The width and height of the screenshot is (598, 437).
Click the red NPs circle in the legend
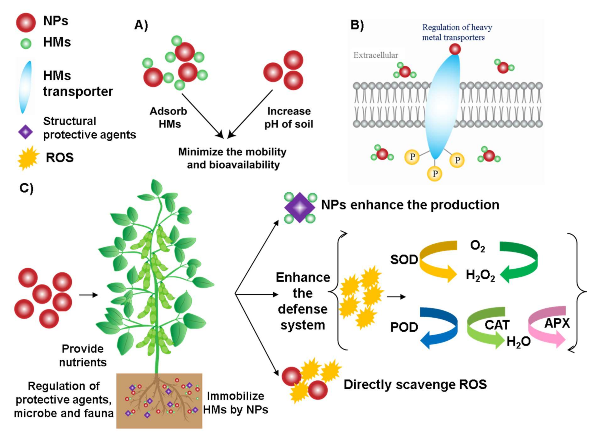(26, 23)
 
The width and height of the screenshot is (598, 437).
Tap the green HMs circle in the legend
(26, 44)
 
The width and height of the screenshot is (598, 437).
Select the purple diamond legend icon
(25, 132)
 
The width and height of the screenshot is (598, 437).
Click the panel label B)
(357, 25)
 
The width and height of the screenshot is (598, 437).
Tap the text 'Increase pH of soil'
(289, 118)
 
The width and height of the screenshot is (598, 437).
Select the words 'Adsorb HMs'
(169, 118)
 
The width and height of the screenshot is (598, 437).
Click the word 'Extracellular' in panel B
(375, 55)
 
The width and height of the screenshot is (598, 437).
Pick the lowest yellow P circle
(435, 174)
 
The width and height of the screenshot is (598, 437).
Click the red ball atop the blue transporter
(455, 49)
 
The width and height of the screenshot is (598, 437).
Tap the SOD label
(404, 260)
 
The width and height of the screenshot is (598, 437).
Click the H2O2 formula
(480, 275)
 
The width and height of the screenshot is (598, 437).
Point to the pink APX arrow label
(557, 323)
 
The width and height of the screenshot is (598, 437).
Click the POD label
(404, 327)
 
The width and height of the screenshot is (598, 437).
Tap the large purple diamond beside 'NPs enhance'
(300, 208)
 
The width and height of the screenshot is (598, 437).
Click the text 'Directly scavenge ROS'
(415, 385)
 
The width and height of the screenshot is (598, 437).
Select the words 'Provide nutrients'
(83, 356)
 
